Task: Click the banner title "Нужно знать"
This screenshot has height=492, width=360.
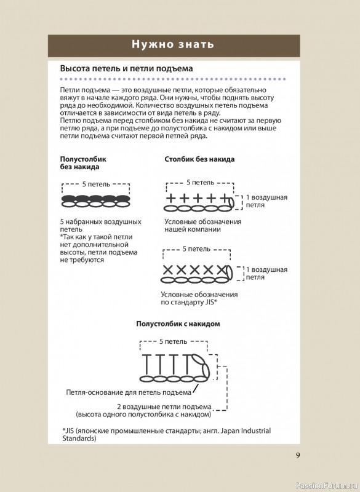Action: [173, 44]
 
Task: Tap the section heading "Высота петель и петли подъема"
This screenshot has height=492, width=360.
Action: [126, 68]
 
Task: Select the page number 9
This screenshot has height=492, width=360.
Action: [298, 455]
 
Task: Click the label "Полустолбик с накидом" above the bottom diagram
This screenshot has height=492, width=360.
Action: [178, 323]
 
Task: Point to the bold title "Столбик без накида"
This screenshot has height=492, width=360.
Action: [199, 159]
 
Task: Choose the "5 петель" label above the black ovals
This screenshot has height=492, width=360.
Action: [97, 184]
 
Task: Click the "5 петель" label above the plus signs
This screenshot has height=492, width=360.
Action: [201, 183]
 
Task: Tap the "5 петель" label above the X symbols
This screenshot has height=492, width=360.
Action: [196, 249]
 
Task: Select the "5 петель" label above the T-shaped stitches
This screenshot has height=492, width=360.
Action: [174, 341]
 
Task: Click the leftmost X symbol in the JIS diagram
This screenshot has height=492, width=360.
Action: [168, 270]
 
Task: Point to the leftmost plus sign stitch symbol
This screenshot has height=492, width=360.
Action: [170, 198]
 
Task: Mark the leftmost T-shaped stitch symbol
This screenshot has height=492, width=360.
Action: [146, 364]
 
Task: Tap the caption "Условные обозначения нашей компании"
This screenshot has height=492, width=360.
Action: [203, 226]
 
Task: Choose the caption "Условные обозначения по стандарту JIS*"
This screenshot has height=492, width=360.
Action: [199, 298]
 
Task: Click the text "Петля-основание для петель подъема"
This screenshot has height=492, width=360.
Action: [129, 392]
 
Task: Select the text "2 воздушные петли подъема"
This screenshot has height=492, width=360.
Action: [164, 407]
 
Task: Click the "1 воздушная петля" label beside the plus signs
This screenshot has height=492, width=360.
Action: [266, 201]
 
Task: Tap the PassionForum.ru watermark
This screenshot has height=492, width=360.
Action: [327, 486]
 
